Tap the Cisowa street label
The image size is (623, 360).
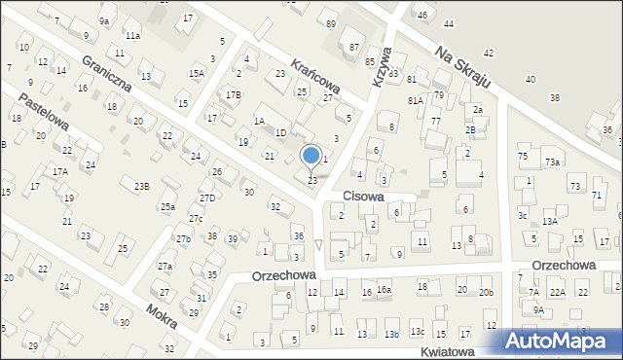click(x=362, y=196)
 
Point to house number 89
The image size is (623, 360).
click(x=331, y=23)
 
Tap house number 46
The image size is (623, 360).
click(x=421, y=15)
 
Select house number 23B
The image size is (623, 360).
click(x=142, y=186)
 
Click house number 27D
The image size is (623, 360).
click(x=207, y=198)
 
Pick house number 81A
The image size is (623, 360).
click(x=415, y=100)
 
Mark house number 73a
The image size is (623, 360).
click(x=552, y=162)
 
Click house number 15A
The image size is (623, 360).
click(x=197, y=73)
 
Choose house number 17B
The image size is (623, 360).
click(x=233, y=94)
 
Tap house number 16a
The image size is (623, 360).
click(x=385, y=290)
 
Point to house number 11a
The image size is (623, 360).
click(x=132, y=35)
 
